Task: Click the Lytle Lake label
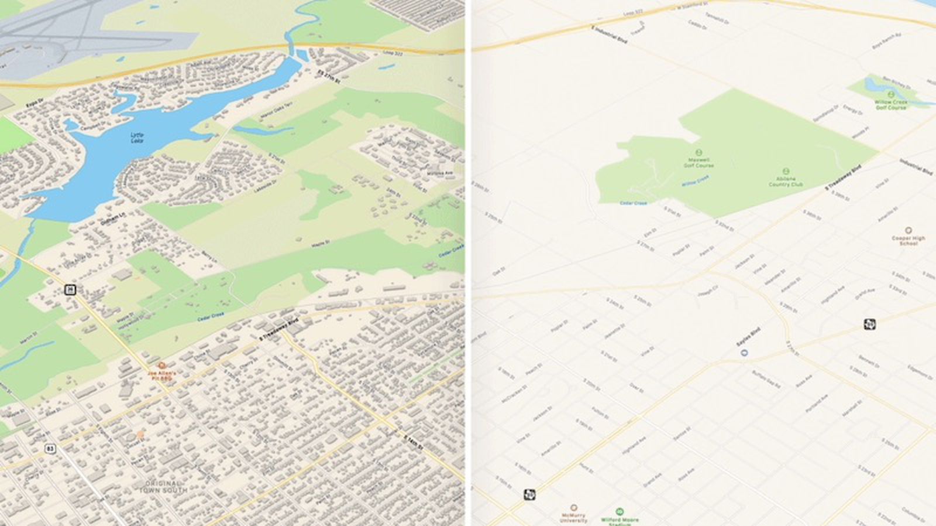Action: [x=137, y=138]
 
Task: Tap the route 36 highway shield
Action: [x=70, y=289]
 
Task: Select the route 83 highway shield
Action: [x=51, y=449]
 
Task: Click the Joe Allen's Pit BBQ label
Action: [x=161, y=375]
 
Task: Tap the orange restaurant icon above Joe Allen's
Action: [x=161, y=365]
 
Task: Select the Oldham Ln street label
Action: [x=113, y=218]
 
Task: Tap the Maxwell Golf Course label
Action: [x=699, y=162]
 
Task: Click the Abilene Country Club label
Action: [x=786, y=182]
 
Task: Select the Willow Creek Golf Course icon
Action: [x=891, y=94]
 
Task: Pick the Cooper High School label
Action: [x=908, y=240]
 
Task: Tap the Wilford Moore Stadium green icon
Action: [x=620, y=511]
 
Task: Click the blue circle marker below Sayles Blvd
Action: [x=744, y=353]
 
